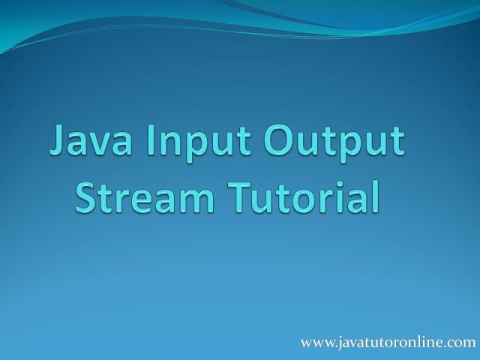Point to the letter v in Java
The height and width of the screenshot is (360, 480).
99,145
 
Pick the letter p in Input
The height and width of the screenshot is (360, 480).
188,148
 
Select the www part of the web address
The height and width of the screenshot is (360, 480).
314,343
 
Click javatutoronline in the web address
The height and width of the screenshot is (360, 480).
389,343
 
